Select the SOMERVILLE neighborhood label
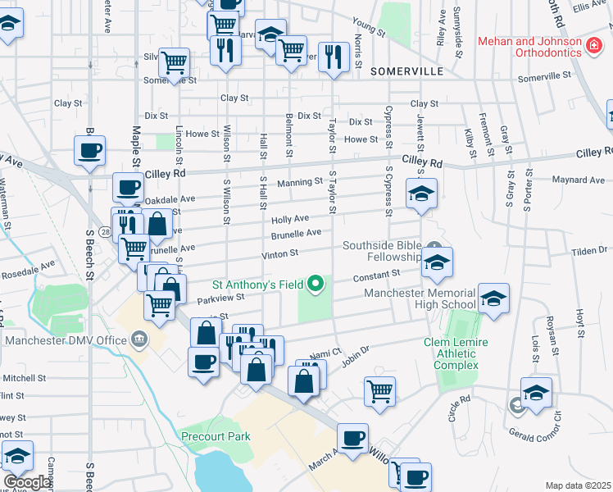point(406,71)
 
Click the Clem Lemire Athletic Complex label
point(456,353)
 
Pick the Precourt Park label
point(216,436)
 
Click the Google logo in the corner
point(26,482)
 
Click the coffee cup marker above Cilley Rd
point(90,150)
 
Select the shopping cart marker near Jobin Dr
point(379,390)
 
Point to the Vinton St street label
point(279,255)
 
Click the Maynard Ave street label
point(579,180)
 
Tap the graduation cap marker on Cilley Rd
point(422,193)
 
